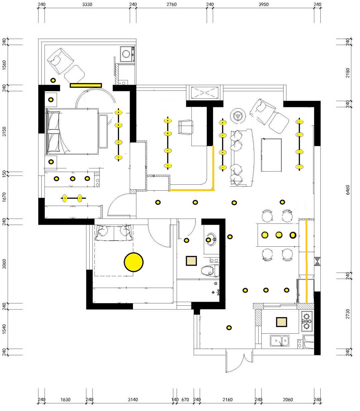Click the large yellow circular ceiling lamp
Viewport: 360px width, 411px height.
tap(134, 262)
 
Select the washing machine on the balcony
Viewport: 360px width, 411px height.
tap(127, 54)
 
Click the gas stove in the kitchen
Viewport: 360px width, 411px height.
tap(307, 321)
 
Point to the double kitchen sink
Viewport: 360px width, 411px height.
tap(279, 341)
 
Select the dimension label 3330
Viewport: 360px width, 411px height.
tap(87, 4)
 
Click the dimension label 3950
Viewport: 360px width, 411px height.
tap(264, 4)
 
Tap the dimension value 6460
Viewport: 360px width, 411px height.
tap(348, 190)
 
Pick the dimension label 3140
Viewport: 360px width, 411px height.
tap(133, 400)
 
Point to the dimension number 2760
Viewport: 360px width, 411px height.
tap(172, 4)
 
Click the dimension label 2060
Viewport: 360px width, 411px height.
tap(288, 400)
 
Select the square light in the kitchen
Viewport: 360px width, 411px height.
tap(281, 322)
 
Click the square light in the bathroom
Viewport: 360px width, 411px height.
tap(191, 261)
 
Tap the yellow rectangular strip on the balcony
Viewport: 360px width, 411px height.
tap(86, 85)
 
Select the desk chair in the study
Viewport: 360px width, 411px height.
tap(185, 127)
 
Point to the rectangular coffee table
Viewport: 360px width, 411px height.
tap(271, 155)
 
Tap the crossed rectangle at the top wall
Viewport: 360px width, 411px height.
tap(205, 93)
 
